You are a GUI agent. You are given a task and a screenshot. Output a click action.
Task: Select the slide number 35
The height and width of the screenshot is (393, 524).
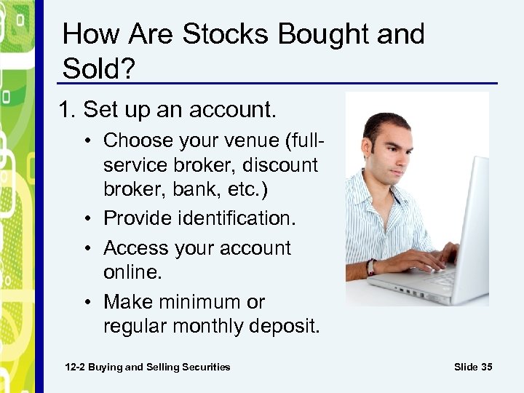tap(486, 367)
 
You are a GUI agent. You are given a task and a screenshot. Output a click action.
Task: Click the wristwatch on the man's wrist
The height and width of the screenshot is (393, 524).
tap(371, 267)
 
